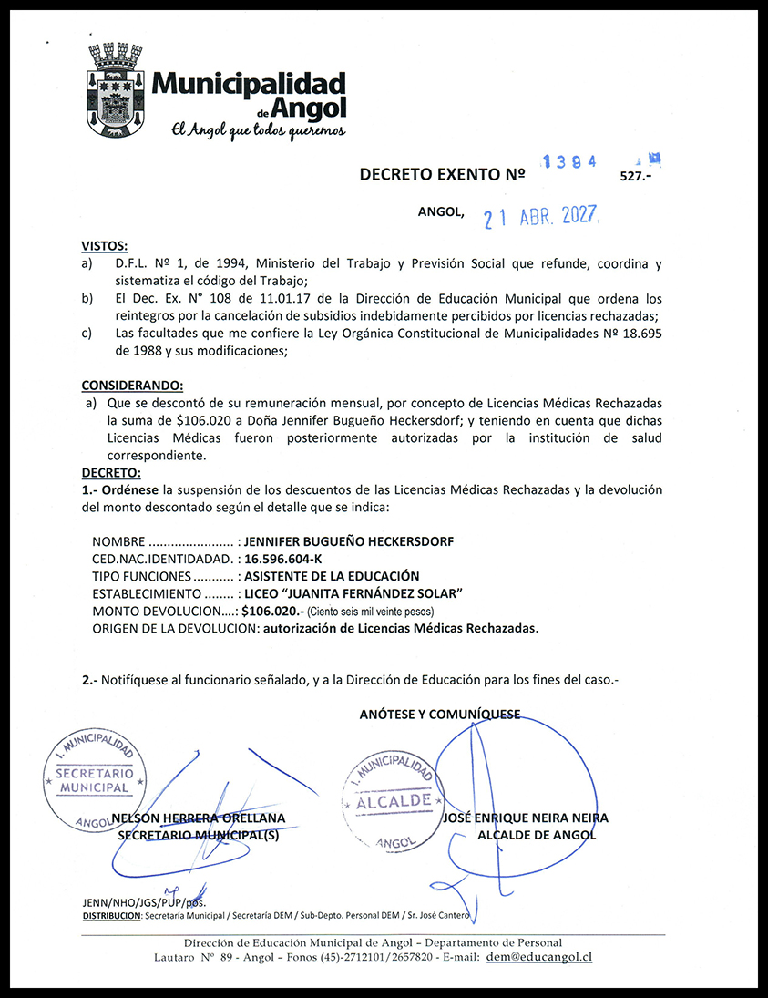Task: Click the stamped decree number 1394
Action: pyautogui.click(x=569, y=161)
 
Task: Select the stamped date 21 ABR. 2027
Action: pyautogui.click(x=539, y=217)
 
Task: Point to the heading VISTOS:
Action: pyautogui.click(x=105, y=246)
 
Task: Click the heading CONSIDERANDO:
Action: pyautogui.click(x=131, y=386)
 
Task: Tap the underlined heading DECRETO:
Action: pyautogui.click(x=111, y=472)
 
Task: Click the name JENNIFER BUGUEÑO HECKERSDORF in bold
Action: pyautogui.click(x=349, y=541)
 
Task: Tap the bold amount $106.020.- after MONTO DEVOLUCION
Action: pyautogui.click(x=272, y=611)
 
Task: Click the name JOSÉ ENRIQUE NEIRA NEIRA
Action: pyautogui.click(x=525, y=818)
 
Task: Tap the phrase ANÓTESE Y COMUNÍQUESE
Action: pyautogui.click(x=440, y=715)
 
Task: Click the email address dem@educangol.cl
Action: pyautogui.click(x=539, y=957)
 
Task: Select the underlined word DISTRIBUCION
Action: pyautogui.click(x=111, y=914)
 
